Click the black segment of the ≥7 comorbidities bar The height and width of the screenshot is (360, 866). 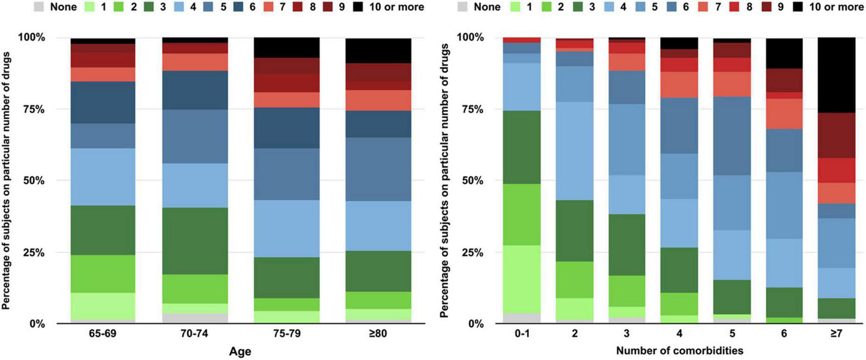(836, 75)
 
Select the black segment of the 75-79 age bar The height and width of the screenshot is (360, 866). (286, 47)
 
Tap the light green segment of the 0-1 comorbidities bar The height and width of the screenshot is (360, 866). (522, 279)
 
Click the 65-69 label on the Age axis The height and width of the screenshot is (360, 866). (103, 334)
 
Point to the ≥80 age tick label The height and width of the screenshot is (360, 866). (378, 334)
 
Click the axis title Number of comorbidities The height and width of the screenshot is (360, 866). (679, 351)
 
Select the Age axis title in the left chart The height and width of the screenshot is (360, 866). (240, 351)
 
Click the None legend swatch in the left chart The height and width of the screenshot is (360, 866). (39, 7)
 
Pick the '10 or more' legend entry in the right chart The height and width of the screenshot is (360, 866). (828, 7)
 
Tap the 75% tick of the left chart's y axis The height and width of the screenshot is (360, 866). (34, 109)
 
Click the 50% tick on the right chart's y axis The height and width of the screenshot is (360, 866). (472, 181)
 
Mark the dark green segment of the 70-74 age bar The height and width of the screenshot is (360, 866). (195, 241)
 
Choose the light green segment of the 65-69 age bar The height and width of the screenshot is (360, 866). (103, 306)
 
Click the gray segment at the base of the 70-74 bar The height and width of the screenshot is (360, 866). (195, 318)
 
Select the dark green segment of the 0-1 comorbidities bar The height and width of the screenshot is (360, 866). (522, 147)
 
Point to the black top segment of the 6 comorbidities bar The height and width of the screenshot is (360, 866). (784, 53)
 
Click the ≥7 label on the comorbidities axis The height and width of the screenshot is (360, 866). (836, 334)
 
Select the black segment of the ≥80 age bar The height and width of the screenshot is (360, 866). (378, 50)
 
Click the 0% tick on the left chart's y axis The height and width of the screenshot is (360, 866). (37, 324)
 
